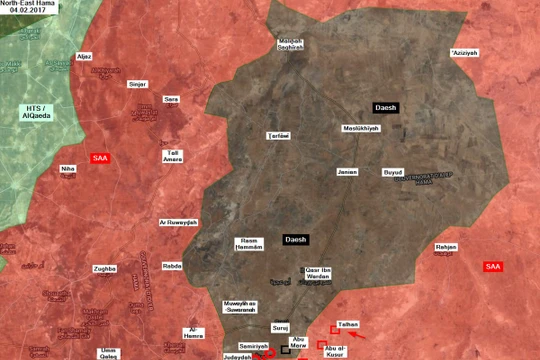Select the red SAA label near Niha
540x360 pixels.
(100, 158)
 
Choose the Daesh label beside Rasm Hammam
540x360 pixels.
(296, 239)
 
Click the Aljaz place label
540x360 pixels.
(84, 57)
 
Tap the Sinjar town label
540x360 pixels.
(138, 84)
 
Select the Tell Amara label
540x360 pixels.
(173, 154)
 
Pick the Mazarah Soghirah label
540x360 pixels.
(290, 44)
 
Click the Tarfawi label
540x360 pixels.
(278, 135)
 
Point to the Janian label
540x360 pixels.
(347, 171)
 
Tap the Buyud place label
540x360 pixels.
(394, 172)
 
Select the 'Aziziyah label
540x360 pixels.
(465, 52)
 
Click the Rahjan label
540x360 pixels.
(446, 245)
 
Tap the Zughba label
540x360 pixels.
(105, 269)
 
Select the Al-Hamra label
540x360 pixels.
(195, 332)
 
